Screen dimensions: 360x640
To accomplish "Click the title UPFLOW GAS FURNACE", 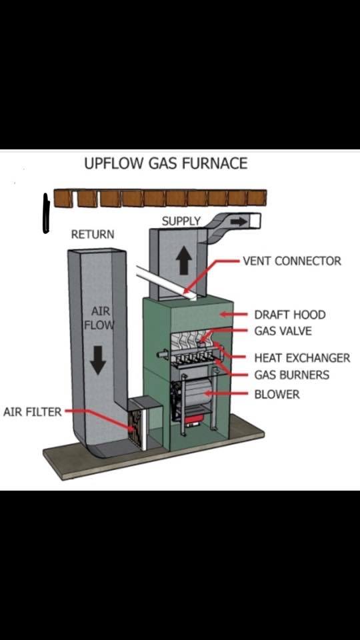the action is (x=166, y=163).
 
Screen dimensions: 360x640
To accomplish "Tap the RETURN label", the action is (x=93, y=234).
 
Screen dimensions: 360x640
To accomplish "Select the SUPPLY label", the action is (x=181, y=221).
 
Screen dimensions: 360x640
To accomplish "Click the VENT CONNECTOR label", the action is (x=292, y=261).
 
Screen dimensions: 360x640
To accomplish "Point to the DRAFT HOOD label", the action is (x=290, y=315).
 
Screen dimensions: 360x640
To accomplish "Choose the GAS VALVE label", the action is (x=283, y=331).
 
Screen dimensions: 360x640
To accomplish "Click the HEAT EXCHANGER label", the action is (x=302, y=358).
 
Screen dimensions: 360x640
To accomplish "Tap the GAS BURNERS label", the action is (x=291, y=375).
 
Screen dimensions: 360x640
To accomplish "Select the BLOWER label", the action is (x=277, y=394).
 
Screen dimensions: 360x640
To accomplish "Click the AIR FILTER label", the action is (x=32, y=411).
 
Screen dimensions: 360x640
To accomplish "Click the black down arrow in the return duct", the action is (x=98, y=360).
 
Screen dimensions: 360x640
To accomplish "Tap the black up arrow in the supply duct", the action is (x=183, y=262).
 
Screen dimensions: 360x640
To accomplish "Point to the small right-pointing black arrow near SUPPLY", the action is (x=239, y=222).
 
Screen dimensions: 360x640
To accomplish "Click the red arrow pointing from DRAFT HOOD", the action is (x=233, y=314).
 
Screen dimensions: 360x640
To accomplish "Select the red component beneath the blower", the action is (x=193, y=421).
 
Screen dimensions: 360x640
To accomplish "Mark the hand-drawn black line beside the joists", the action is (x=46, y=214).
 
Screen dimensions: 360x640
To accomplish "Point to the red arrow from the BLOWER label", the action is (x=226, y=394).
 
